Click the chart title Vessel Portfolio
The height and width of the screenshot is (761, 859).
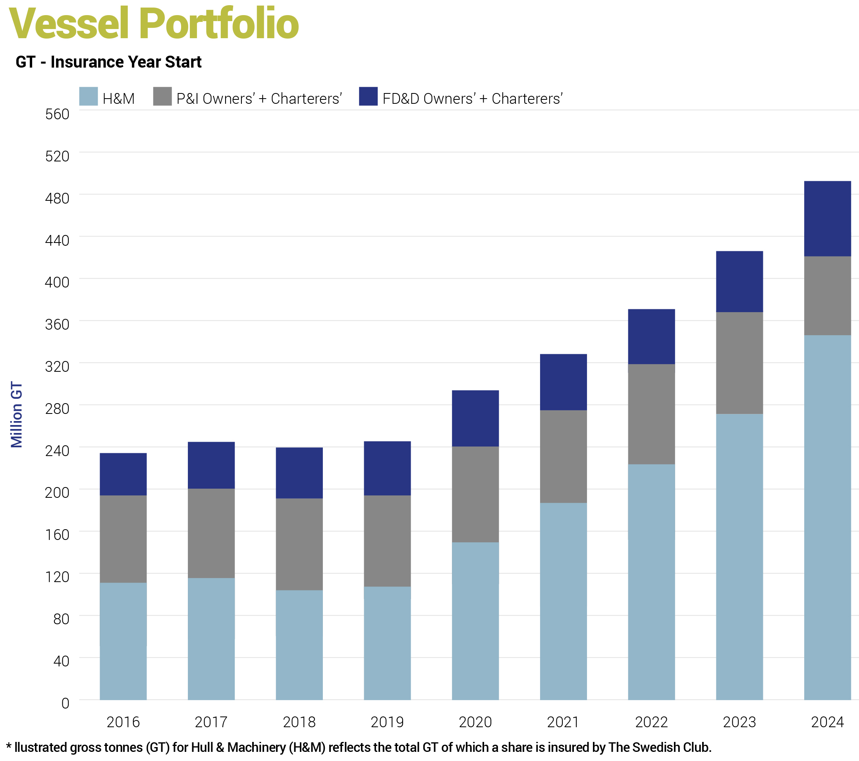click(x=154, y=23)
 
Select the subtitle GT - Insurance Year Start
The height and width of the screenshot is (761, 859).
click(x=108, y=62)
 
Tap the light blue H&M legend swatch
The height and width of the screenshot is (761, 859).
click(x=88, y=96)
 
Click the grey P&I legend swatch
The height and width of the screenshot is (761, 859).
click(x=162, y=96)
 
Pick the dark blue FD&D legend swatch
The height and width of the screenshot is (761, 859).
click(x=368, y=96)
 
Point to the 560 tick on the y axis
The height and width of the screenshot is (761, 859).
click(x=57, y=114)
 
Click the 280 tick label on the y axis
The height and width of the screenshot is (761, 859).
click(x=57, y=408)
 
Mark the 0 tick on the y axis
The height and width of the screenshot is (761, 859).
click(x=65, y=703)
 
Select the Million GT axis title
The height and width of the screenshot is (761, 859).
click(x=16, y=414)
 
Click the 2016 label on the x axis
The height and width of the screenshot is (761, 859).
click(x=123, y=722)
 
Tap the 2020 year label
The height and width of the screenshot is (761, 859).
click(x=475, y=722)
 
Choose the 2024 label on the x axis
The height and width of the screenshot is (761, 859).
click(x=827, y=722)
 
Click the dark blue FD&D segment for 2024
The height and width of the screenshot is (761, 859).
click(x=827, y=219)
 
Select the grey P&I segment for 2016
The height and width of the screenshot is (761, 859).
click(x=123, y=539)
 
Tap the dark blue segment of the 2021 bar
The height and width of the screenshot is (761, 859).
click(x=563, y=382)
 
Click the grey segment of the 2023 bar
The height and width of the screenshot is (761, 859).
click(x=739, y=363)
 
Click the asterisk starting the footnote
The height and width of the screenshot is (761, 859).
click(x=8, y=747)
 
